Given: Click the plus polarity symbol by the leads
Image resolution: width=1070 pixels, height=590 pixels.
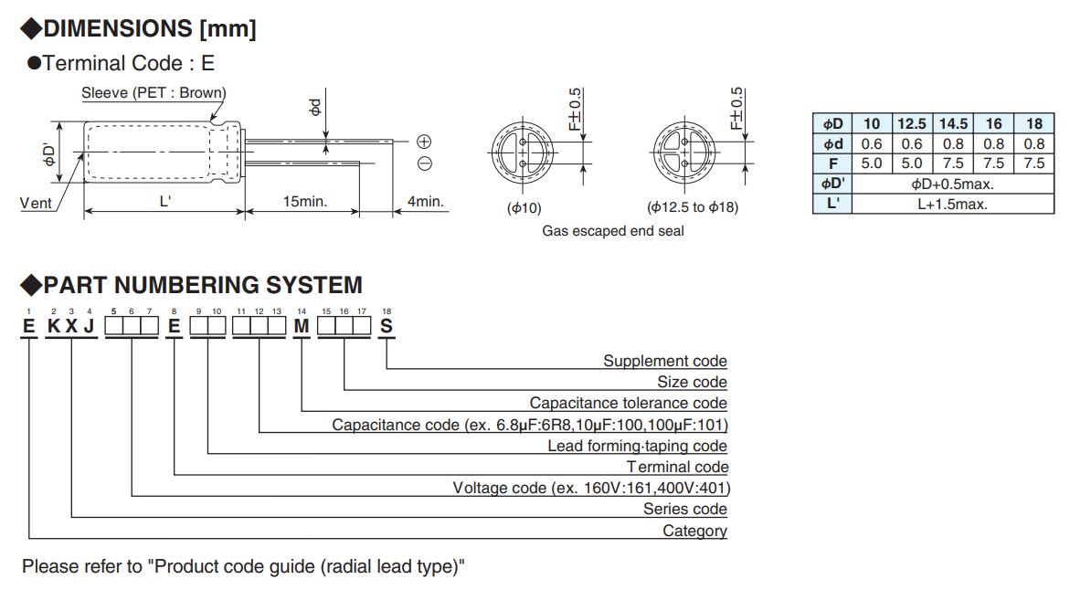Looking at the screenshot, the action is (x=424, y=142).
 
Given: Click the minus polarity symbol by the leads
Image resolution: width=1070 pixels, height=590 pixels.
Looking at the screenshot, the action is (x=424, y=163).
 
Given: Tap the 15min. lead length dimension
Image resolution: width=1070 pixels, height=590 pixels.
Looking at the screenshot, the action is (x=305, y=202).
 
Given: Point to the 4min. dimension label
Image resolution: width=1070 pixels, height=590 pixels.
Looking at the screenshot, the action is (x=425, y=202).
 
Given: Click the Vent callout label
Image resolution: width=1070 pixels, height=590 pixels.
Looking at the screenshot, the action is (x=36, y=204).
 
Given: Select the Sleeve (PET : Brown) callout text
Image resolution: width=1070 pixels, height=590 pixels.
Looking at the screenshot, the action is (x=154, y=93).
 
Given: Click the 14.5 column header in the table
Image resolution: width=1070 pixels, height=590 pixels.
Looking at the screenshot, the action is (x=953, y=123).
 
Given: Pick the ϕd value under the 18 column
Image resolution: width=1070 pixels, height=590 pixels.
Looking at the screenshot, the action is (x=1033, y=144).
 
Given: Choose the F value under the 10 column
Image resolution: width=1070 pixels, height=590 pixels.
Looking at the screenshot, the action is (x=872, y=163).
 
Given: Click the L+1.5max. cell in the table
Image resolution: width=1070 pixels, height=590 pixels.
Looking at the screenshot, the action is (x=952, y=204).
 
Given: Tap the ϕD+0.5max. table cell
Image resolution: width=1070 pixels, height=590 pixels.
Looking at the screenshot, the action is (x=952, y=184).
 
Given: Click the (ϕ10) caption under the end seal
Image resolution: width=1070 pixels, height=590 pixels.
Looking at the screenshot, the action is (x=524, y=207).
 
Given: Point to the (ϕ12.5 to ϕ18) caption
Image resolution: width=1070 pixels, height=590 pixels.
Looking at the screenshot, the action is (x=693, y=206).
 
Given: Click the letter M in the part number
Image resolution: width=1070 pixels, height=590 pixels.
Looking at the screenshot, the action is (x=302, y=327).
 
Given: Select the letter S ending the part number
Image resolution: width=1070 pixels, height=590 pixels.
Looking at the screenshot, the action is (x=387, y=327).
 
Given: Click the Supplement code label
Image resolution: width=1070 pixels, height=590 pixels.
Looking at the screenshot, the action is (x=665, y=361).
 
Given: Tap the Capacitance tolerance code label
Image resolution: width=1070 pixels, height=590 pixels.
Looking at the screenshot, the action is (x=629, y=403).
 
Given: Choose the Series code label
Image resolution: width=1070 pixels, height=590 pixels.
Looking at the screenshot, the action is (x=685, y=509).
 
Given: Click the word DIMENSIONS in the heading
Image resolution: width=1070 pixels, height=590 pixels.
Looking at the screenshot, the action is (x=118, y=28).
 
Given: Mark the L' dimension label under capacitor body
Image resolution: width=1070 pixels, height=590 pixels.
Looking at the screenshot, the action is (x=164, y=202).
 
